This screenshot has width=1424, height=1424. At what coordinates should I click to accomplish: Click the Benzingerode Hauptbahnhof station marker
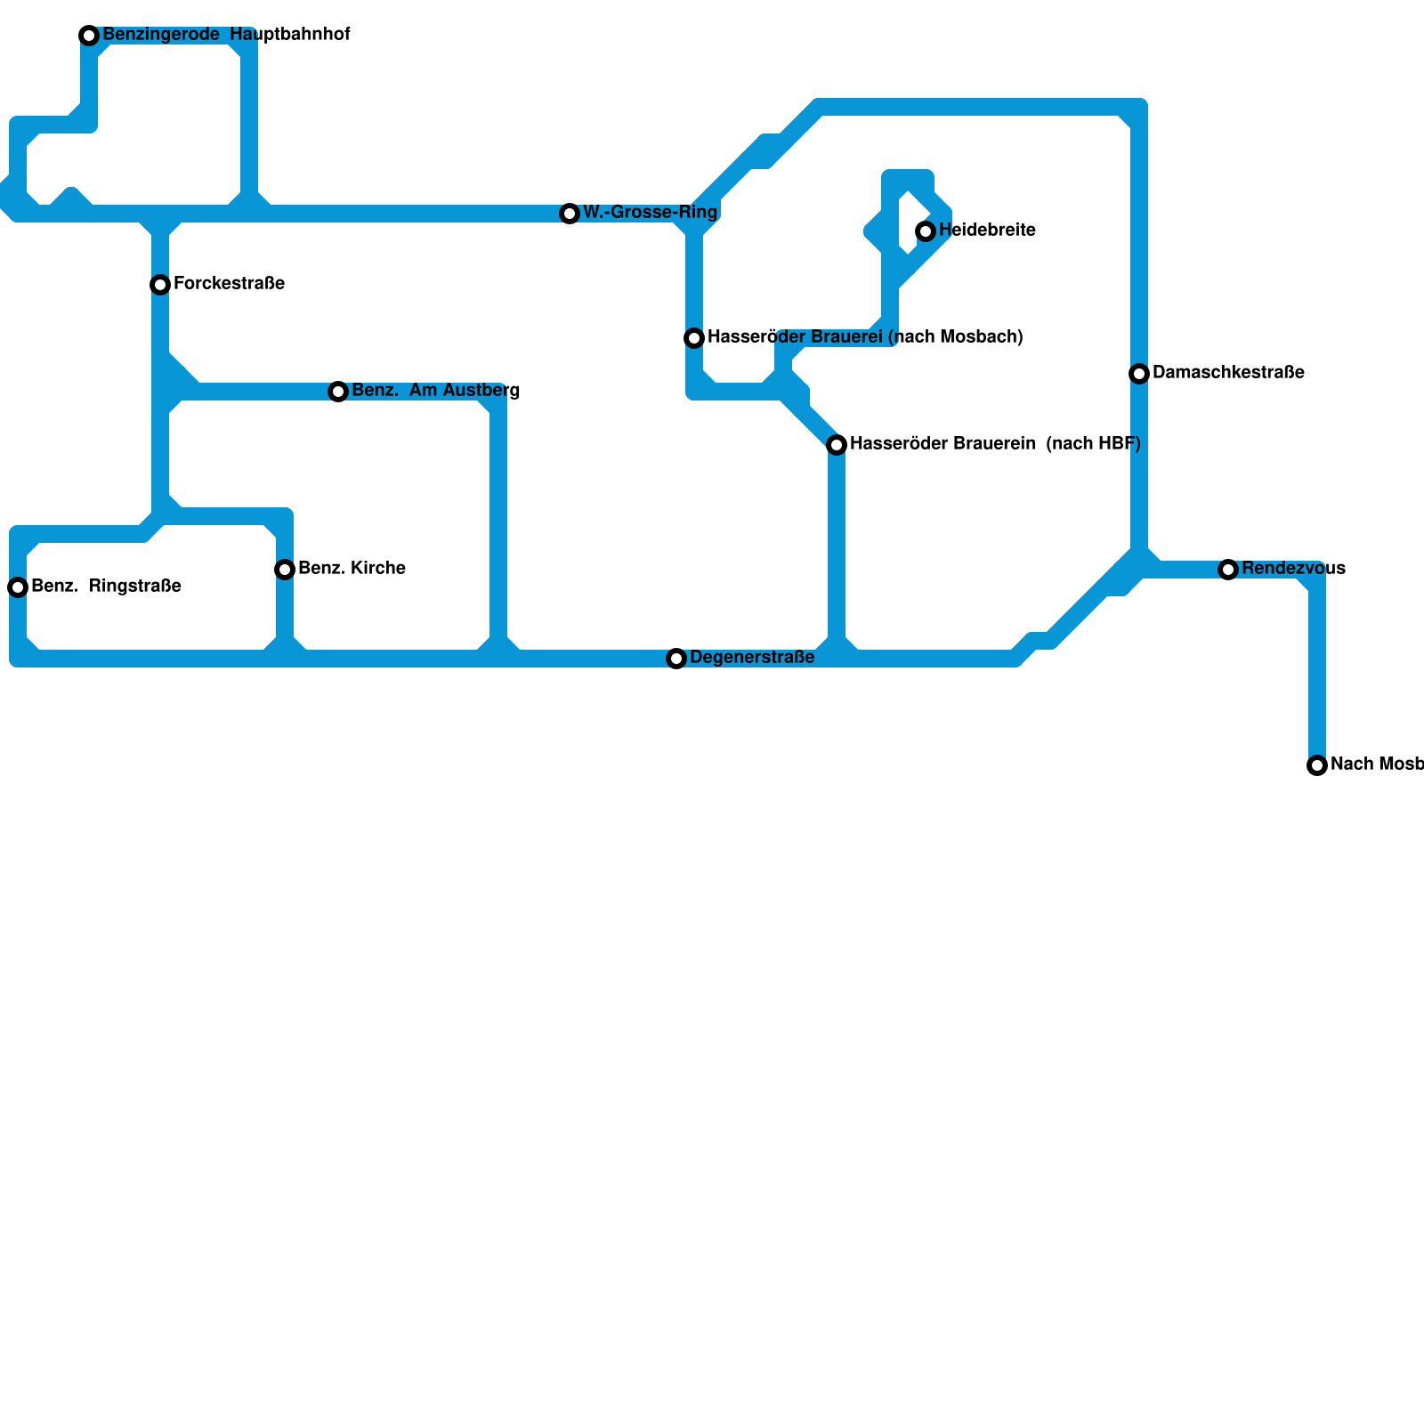[89, 36]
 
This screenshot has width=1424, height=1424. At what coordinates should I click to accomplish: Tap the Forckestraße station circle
[160, 285]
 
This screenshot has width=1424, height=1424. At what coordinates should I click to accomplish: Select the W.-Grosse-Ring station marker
[570, 214]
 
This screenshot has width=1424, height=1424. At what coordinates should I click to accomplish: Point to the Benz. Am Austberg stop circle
[338, 392]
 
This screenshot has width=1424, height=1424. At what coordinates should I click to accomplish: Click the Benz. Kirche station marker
[285, 570]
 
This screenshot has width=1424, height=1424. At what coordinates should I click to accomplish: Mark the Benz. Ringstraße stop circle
[18, 587]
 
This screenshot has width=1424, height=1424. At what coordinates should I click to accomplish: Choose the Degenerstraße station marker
[676, 659]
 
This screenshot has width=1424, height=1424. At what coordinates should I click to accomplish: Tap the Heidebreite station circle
[926, 231]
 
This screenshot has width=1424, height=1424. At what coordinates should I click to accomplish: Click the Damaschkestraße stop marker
[1139, 374]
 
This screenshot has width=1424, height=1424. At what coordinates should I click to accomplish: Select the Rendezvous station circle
[1228, 570]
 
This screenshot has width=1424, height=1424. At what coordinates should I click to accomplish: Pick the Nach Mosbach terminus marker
[1317, 765]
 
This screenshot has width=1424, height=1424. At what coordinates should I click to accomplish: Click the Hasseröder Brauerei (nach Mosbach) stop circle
[694, 338]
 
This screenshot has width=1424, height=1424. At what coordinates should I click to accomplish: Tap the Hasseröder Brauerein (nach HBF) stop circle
[837, 445]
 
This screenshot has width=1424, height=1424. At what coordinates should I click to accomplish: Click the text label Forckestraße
[229, 284]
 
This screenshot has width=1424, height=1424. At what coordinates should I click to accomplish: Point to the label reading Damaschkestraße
[1228, 373]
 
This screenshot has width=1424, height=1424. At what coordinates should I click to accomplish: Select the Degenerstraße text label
[752, 658]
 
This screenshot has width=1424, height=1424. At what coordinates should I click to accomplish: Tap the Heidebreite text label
[987, 231]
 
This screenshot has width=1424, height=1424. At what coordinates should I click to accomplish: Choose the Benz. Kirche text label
[352, 569]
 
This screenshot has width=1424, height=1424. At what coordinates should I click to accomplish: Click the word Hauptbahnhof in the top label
[289, 35]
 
